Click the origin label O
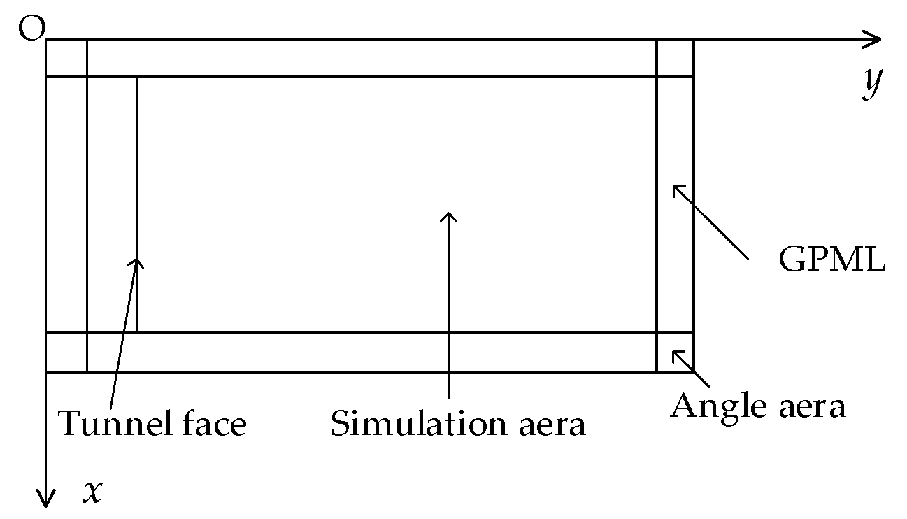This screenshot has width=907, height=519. tap(31, 30)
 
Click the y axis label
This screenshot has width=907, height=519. tap(871, 84)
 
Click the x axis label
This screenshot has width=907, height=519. tap(93, 492)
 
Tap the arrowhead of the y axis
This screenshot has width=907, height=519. tap(873, 40)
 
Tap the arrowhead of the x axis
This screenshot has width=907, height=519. tap(46, 498)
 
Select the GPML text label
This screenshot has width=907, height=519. tap(832, 260)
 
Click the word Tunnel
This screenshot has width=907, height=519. tap(109, 424)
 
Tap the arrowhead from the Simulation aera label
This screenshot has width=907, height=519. tap(448, 216)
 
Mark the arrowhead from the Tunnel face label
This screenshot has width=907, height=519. tap(136, 262)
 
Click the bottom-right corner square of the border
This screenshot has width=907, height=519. tap(675, 352)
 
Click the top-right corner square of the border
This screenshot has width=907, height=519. tap(675, 58)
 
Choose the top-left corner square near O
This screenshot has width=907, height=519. tap(66, 58)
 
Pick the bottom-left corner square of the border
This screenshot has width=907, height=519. tap(66, 352)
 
